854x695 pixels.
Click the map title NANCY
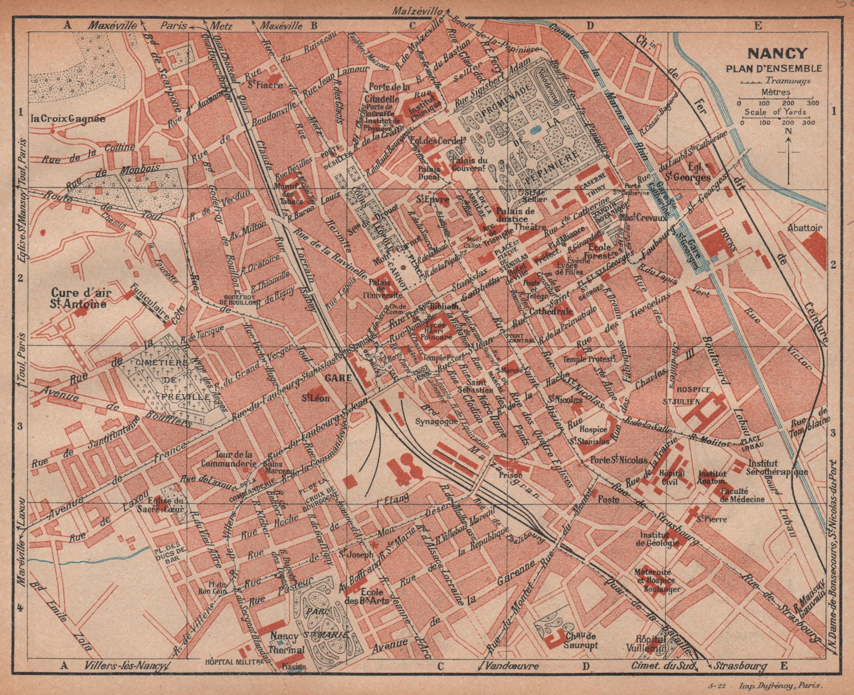click(777, 53)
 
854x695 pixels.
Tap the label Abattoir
click(805, 228)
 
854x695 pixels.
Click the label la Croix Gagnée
click(68, 119)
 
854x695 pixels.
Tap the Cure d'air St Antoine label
click(78, 299)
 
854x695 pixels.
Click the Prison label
click(510, 474)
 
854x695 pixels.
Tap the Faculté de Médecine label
click(742, 495)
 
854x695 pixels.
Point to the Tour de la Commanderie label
click(226, 458)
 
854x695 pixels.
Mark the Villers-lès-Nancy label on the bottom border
click(125, 666)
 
